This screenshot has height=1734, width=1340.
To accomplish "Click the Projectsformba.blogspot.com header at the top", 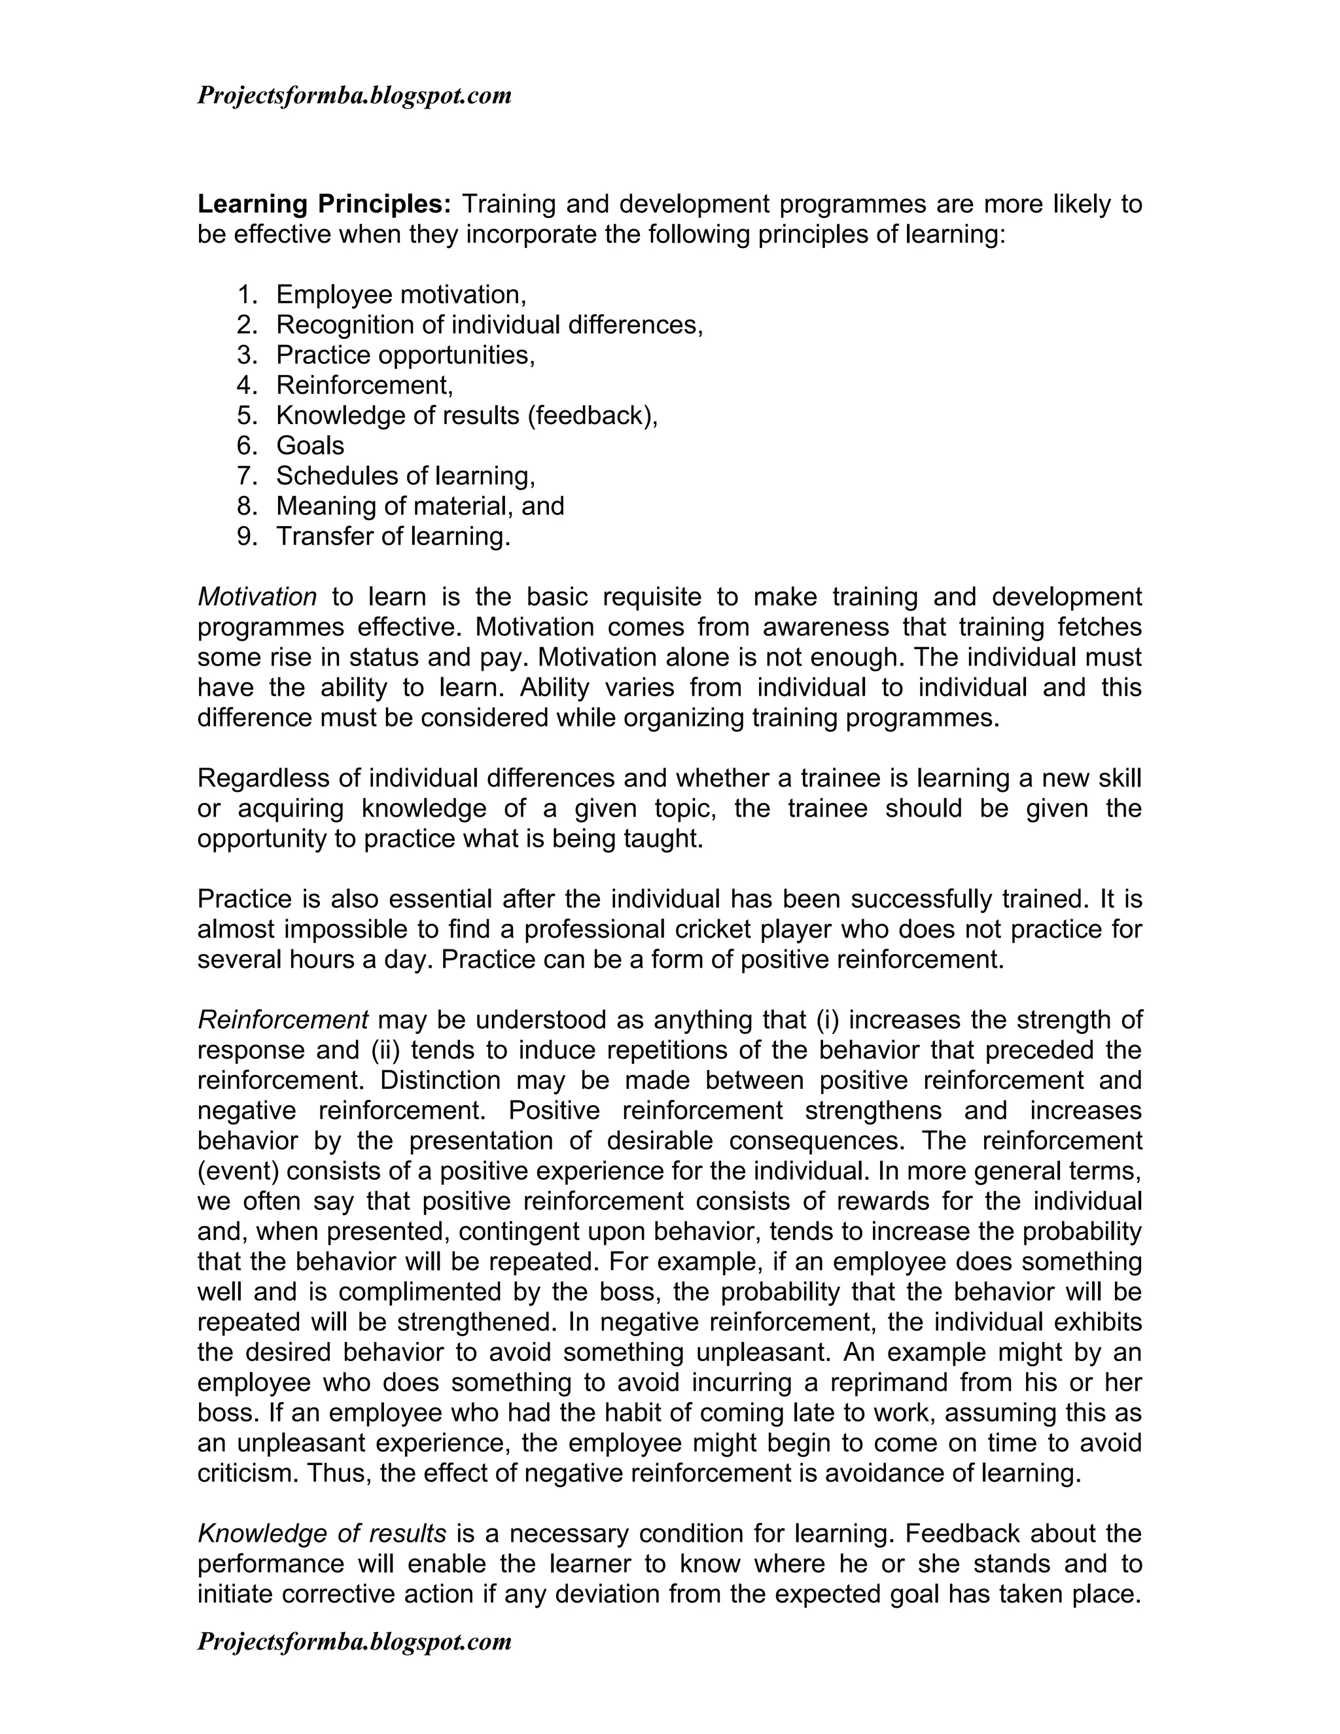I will (354, 96).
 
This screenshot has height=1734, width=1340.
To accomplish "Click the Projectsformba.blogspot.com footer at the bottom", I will (354, 1642).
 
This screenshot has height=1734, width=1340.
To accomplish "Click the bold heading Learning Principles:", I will (324, 205).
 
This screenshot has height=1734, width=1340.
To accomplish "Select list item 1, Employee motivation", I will (401, 294).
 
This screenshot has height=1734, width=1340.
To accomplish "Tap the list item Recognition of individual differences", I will (489, 325).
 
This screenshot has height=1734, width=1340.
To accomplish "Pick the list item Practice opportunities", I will (405, 355).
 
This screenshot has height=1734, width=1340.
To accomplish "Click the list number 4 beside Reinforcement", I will (246, 385).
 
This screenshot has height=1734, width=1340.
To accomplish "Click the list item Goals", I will (309, 446).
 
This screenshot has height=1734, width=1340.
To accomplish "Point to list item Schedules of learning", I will (405, 476).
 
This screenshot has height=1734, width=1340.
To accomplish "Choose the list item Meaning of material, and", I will (420, 506).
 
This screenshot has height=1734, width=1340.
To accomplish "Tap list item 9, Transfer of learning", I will (393, 536).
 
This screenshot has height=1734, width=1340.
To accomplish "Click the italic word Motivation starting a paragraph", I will (256, 596).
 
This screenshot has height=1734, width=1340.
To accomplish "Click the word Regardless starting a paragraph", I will (264, 777).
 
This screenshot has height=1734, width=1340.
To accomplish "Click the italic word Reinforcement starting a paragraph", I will (283, 1019).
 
